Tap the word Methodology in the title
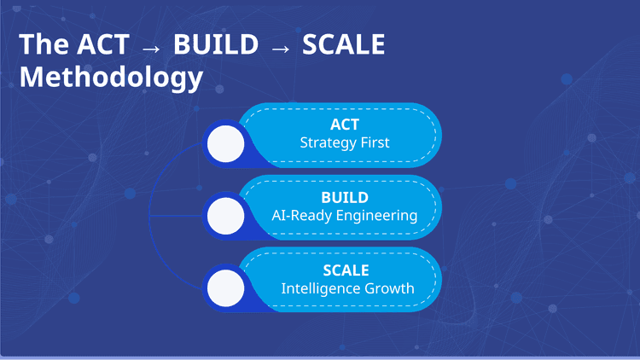coord(111,78)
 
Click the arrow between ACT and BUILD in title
coord(151,47)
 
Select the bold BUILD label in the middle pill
coord(345,197)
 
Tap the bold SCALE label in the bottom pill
coord(346,270)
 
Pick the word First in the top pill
coord(374,142)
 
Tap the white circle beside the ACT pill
coord(225,143)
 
